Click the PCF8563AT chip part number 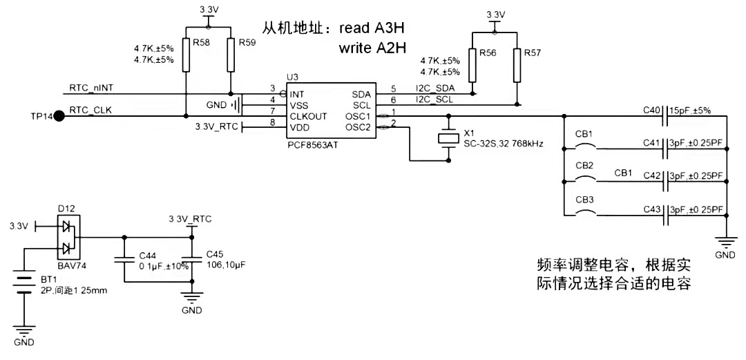tap(312, 146)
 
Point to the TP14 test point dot tap(59, 116)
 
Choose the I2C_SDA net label tap(434, 88)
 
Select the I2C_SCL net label tap(434, 100)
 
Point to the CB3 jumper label tap(584, 199)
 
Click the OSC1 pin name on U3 tap(358, 116)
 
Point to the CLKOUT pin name tap(308, 116)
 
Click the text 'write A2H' tap(372, 49)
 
